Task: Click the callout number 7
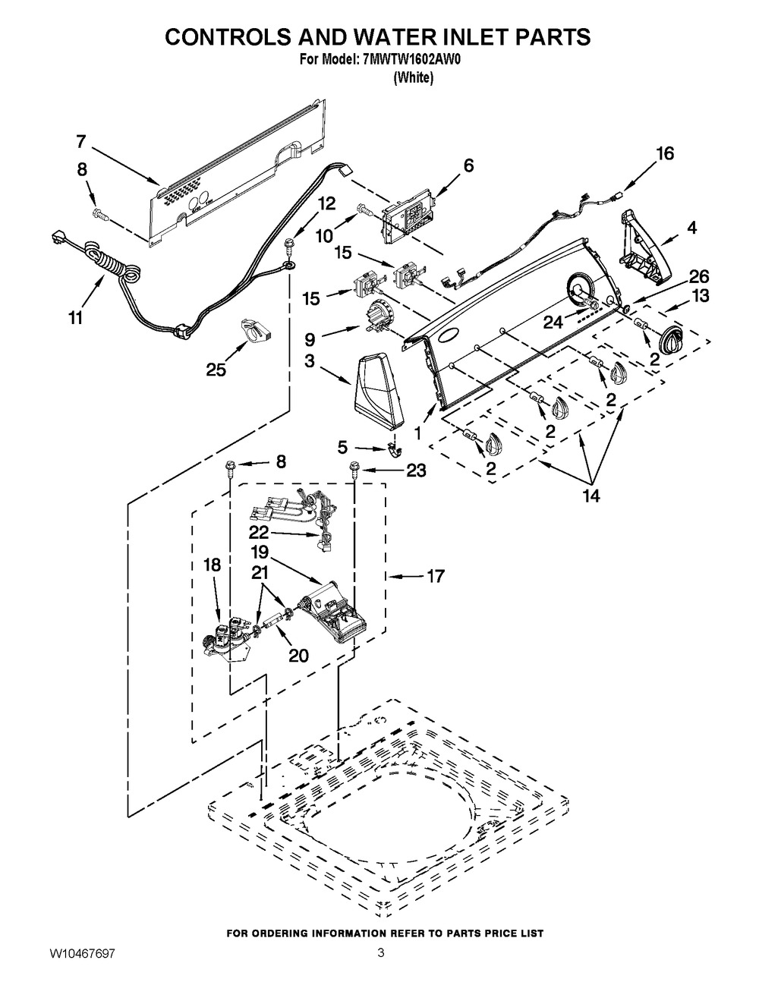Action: [x=81, y=141]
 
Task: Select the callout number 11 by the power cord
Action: [x=74, y=318]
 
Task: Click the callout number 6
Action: [x=468, y=165]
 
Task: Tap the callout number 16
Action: [x=664, y=154]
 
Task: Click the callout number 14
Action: [x=591, y=496]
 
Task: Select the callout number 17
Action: [x=435, y=577]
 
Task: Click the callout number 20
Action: [x=298, y=655]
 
